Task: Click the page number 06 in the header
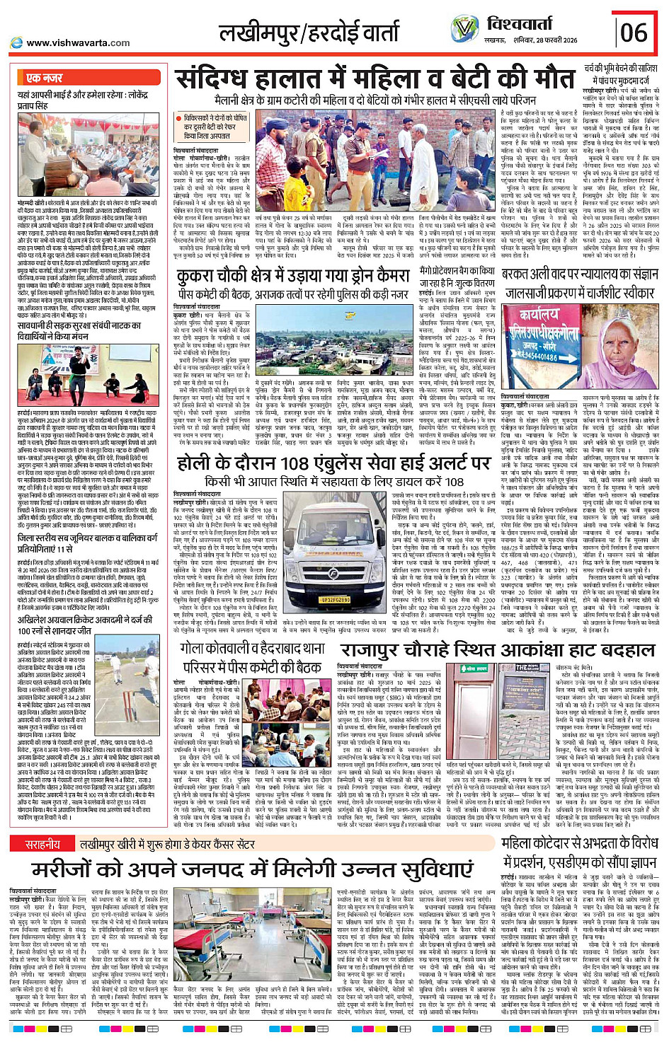pyautogui.click(x=634, y=31)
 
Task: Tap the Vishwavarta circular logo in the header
pyautogui.click(x=465, y=29)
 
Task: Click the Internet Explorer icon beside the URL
pyautogui.click(x=16, y=43)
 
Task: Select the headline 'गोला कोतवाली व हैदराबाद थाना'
pyautogui.click(x=252, y=648)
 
